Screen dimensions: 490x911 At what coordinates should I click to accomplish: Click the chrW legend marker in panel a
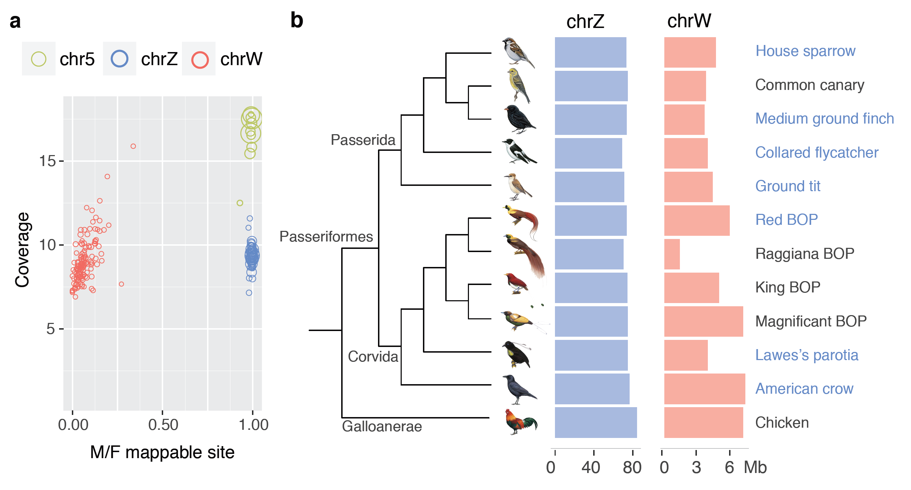coord(200,59)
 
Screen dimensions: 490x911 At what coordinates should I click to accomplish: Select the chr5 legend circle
coord(39,59)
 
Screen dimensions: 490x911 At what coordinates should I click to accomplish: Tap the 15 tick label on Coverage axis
coord(47,161)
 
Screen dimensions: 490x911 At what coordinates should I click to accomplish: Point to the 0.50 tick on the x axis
coord(163,425)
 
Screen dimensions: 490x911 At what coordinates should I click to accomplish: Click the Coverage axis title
coord(22,250)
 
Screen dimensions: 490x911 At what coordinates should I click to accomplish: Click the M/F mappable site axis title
coord(162,452)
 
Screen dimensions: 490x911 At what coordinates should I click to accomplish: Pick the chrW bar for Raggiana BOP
coord(672,254)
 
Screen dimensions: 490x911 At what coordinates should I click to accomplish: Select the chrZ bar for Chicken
coord(596,422)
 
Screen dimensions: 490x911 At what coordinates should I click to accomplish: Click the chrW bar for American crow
coord(704,389)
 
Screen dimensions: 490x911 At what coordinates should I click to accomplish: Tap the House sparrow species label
coord(805,51)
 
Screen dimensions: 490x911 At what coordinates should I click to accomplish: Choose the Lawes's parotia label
coord(807,355)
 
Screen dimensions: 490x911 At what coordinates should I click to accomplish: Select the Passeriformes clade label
coord(326,237)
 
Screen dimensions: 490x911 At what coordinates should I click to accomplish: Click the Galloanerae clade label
coord(382,426)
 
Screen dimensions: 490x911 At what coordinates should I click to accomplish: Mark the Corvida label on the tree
coord(373,357)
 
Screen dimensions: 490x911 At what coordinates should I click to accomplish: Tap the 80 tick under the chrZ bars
coord(632,467)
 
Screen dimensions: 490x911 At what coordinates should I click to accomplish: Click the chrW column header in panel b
coord(689,21)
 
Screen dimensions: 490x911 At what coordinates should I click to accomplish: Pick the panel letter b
coord(297,20)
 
